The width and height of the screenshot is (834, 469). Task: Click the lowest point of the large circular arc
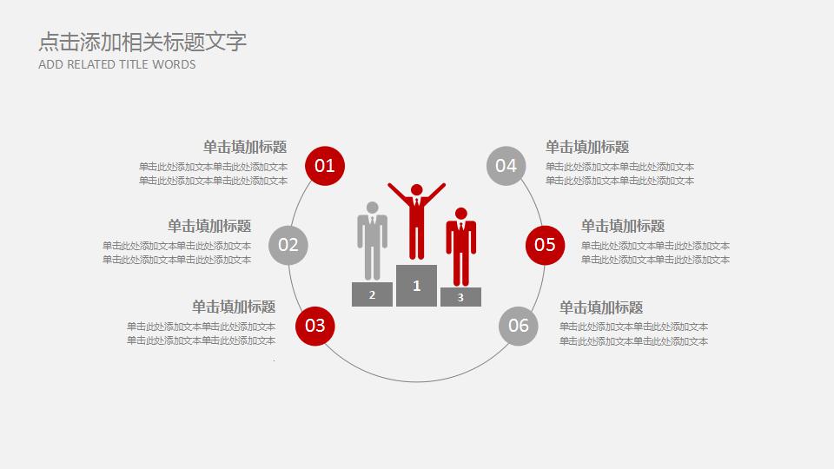tap(416, 381)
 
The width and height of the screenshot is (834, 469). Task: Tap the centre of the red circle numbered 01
tap(325, 166)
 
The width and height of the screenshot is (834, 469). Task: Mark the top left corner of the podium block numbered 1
tap(396, 265)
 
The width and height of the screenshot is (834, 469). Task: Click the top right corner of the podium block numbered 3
tap(481, 287)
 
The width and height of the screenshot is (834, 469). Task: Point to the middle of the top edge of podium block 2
tap(373, 282)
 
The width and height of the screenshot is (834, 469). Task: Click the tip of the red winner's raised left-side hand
tap(389, 184)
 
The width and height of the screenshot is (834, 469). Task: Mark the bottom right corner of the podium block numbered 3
tap(481, 307)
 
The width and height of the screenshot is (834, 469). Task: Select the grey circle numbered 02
tap(288, 245)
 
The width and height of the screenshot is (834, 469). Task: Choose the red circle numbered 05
tap(546, 245)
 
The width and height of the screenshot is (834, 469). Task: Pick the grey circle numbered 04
tap(506, 166)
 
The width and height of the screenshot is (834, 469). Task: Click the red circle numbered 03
tap(315, 326)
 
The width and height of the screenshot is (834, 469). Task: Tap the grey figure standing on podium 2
tap(373, 241)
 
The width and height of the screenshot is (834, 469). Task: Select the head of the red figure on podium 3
tap(461, 214)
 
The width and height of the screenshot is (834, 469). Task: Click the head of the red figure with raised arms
tap(417, 190)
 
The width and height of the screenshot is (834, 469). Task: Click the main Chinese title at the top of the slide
tap(142, 42)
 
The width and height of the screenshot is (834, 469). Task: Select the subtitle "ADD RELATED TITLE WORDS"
tap(117, 64)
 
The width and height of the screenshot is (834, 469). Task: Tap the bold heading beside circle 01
tap(245, 147)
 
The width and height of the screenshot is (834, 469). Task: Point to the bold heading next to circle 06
tap(601, 307)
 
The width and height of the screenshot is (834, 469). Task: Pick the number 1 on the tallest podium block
tap(417, 286)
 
